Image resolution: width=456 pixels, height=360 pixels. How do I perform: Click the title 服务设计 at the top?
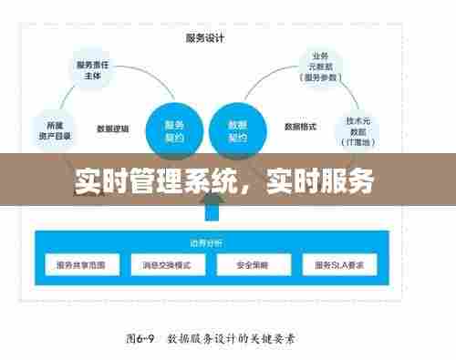pyautogui.click(x=205, y=38)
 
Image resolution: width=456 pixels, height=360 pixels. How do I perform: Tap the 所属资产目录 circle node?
pyautogui.click(x=52, y=128)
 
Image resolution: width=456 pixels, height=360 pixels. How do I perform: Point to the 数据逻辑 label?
pyautogui.click(x=112, y=128)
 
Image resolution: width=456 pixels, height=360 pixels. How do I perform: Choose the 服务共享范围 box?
pyautogui.click(x=88, y=265)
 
